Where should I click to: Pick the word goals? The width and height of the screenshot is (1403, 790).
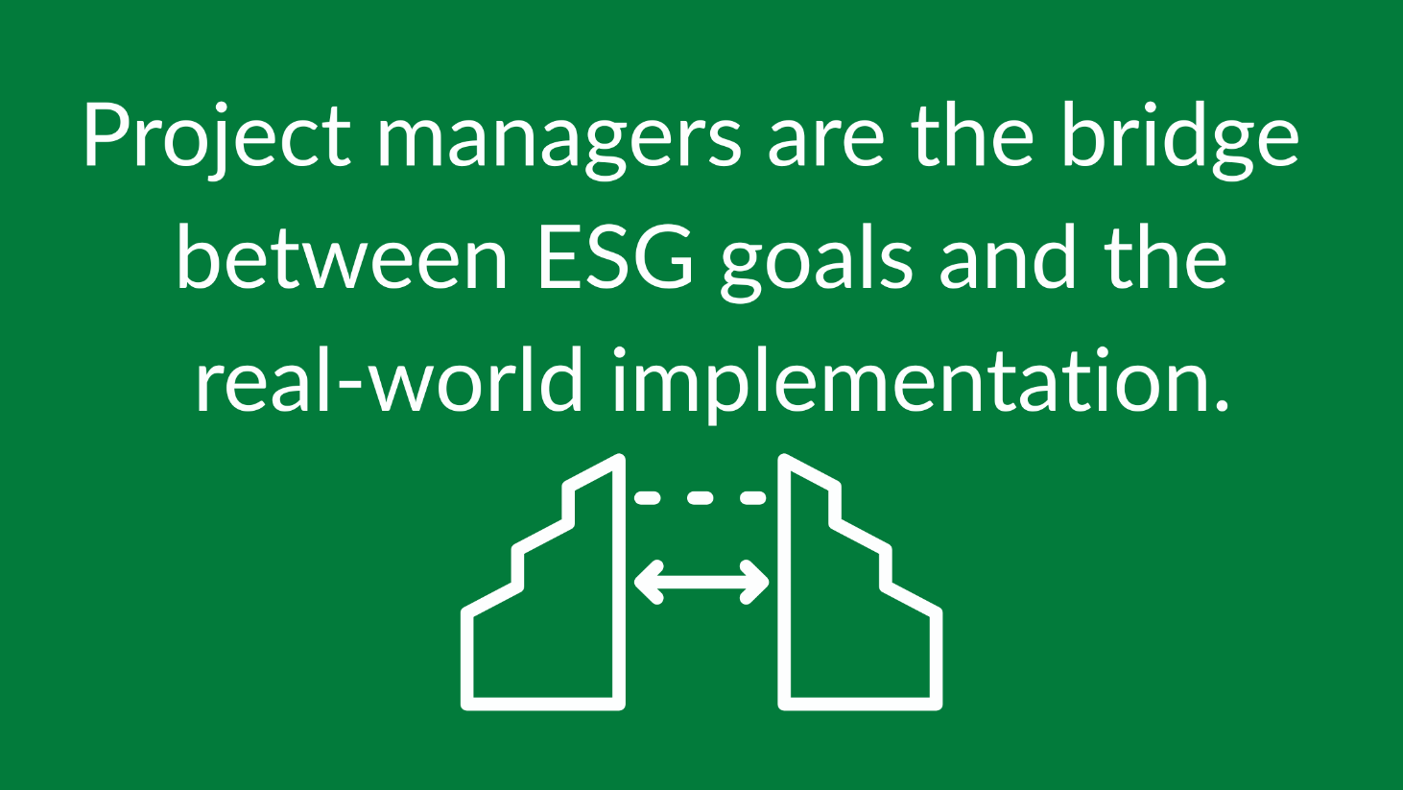pyautogui.click(x=817, y=263)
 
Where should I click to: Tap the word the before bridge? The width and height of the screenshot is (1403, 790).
pyautogui.click(x=973, y=134)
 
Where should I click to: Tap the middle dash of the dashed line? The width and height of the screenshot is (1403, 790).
pyautogui.click(x=700, y=498)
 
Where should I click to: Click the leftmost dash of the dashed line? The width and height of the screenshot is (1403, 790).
pyautogui.click(x=647, y=498)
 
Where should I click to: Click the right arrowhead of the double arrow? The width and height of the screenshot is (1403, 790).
pyautogui.click(x=755, y=582)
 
